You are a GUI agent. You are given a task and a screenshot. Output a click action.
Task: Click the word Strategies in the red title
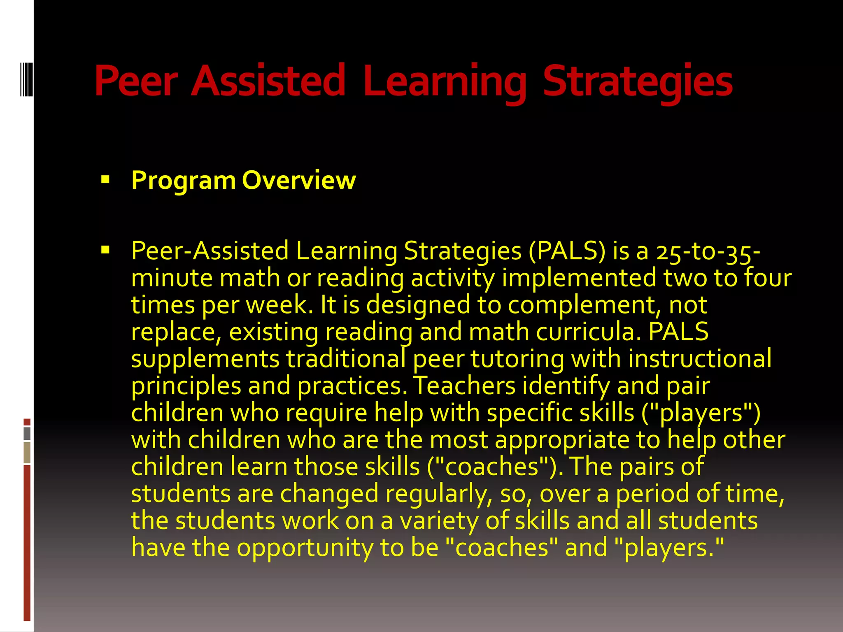638,81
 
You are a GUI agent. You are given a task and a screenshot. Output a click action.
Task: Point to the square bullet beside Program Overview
105,179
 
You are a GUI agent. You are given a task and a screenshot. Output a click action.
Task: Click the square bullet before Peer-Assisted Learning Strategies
105,249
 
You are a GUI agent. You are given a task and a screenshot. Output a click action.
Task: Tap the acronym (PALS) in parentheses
567,251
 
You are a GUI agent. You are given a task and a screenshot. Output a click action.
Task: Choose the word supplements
205,359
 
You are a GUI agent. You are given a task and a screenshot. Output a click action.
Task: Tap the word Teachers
464,386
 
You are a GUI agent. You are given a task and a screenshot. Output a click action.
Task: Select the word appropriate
562,440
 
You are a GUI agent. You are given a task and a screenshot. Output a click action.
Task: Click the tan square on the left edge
27,453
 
